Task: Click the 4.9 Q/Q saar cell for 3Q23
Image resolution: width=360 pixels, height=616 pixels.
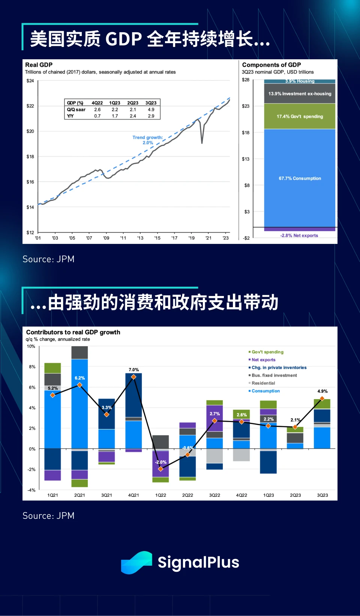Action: coord(151,110)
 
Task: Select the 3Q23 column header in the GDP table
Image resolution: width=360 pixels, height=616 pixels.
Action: coord(151,103)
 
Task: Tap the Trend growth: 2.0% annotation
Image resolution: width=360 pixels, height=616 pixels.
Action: coord(147,140)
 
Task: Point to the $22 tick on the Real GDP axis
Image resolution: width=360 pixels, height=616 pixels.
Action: coord(30,106)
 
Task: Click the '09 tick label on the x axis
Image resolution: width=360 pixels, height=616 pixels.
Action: coord(106,238)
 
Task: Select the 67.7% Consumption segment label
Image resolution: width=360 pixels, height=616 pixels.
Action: coord(300,179)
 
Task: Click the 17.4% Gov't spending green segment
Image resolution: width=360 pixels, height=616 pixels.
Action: coord(300,116)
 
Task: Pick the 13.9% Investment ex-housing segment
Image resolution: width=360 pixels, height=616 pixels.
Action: coord(300,94)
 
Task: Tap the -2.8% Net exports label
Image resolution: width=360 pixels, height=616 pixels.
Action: coord(299,236)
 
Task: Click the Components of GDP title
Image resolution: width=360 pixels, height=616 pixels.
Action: coord(271,65)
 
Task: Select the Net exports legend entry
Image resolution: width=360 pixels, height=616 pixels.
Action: coord(263,360)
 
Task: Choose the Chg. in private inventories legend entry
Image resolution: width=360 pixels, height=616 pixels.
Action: coord(279,368)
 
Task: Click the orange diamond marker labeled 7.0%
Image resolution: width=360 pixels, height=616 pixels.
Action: coord(133,377)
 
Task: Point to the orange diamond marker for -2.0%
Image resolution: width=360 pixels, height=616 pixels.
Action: coord(160,469)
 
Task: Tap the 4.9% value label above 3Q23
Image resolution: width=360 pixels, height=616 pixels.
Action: coord(322,391)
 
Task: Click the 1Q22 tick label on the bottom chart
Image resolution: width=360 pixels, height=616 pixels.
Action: coord(160,495)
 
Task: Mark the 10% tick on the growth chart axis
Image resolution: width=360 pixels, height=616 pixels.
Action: coord(31,346)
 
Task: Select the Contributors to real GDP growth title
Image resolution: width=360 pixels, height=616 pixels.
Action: coord(73,332)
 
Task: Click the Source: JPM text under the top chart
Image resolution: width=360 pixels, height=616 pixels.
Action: coord(48,259)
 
